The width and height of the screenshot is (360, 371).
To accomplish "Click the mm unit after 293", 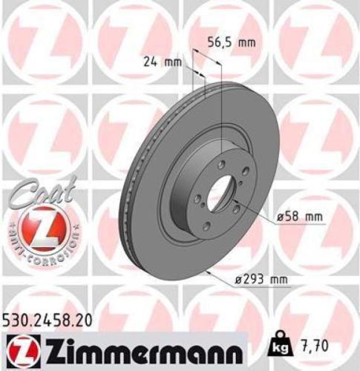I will [277, 279].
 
